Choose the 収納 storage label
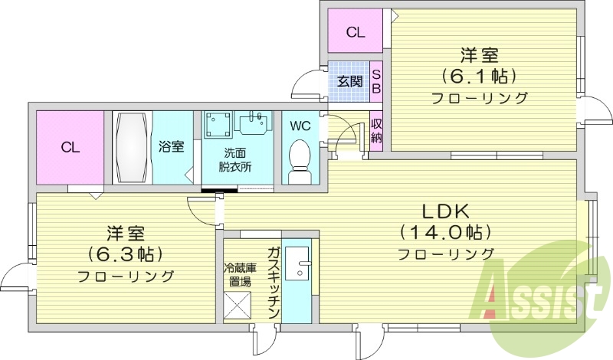coord(376,130)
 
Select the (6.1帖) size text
coord(480,76)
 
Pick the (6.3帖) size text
coord(125,254)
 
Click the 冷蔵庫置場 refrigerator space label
coord(237,275)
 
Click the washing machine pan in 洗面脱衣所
coord(221,124)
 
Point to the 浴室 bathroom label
coord(171,146)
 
